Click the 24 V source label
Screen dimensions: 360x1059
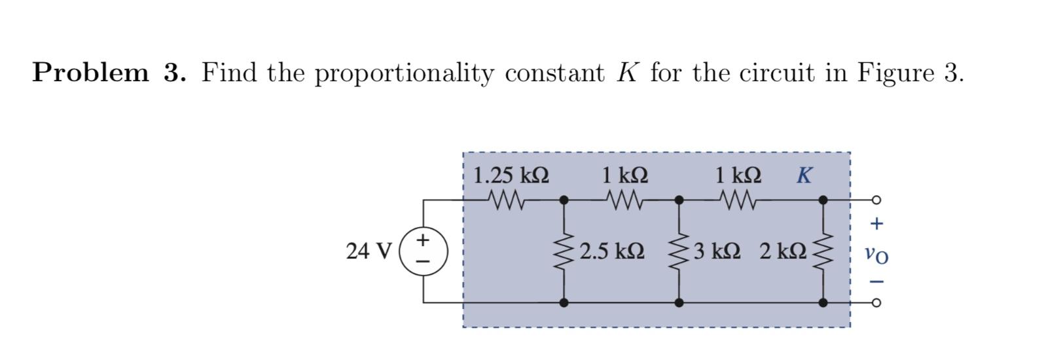pyautogui.click(x=368, y=251)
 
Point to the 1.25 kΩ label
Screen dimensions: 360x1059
pyautogui.click(x=511, y=175)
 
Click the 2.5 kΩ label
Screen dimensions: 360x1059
pyautogui.click(x=612, y=251)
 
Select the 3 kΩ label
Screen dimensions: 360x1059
pyautogui.click(x=717, y=251)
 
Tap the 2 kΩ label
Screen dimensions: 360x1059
pyautogui.click(x=783, y=251)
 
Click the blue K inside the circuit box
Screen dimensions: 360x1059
pyautogui.click(x=804, y=175)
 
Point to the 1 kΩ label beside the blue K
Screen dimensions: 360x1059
pyautogui.click(x=738, y=175)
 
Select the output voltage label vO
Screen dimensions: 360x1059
pyautogui.click(x=876, y=254)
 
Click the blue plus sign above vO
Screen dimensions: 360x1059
pyautogui.click(x=876, y=224)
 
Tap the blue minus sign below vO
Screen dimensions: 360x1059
pyautogui.click(x=877, y=282)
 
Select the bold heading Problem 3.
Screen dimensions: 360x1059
pyautogui.click(x=109, y=72)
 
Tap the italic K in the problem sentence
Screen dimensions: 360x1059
pyautogui.click(x=626, y=72)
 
